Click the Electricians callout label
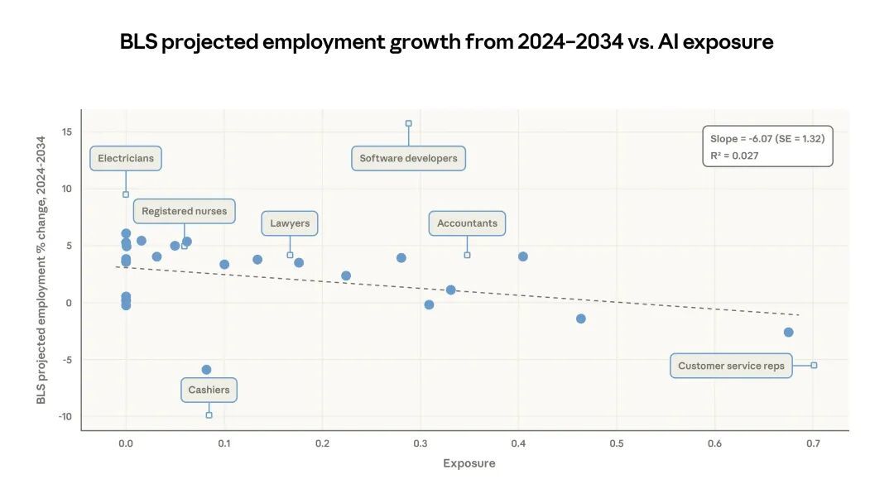pyautogui.click(x=126, y=158)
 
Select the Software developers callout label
pyautogui.click(x=408, y=158)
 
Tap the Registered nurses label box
pyautogui.click(x=184, y=211)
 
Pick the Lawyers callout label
pyautogui.click(x=290, y=223)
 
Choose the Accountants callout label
pyautogui.click(x=467, y=223)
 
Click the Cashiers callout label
pyautogui.click(x=209, y=390)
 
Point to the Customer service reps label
pyautogui.click(x=731, y=366)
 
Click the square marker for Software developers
pyautogui.click(x=408, y=123)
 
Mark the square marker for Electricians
pyautogui.click(x=126, y=194)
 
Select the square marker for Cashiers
pyautogui.click(x=209, y=414)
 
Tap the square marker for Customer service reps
pyautogui.click(x=814, y=365)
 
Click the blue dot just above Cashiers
pyautogui.click(x=206, y=370)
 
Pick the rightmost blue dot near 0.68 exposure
pyautogui.click(x=788, y=332)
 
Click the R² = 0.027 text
pyautogui.click(x=734, y=156)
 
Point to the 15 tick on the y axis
pyautogui.click(x=66, y=132)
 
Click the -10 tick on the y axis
pyautogui.click(x=65, y=416)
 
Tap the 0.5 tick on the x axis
pyautogui.click(x=616, y=444)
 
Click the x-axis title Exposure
pyautogui.click(x=469, y=463)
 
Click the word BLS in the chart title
pyautogui.click(x=138, y=42)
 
